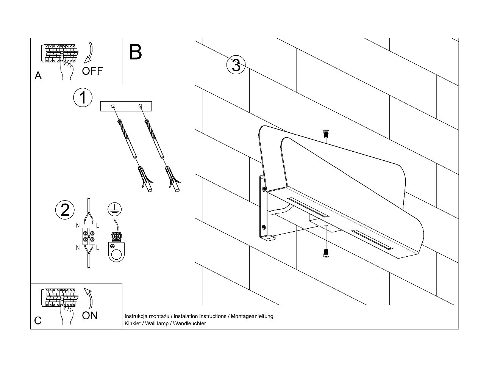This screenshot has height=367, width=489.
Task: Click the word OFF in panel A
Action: coord(92,71)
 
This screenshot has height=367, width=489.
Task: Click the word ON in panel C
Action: coord(90,315)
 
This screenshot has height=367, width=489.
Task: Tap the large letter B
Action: coord(135,52)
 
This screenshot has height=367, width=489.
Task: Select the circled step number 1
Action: coord(83,97)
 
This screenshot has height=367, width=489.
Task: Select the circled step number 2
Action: coord(65,210)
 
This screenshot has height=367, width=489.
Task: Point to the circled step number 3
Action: coord(236,65)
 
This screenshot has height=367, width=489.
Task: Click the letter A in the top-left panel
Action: coord(38,76)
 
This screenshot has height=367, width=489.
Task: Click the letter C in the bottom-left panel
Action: coord(38,321)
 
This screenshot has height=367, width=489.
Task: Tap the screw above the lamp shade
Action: coord(326,133)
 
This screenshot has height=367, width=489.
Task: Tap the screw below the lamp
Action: coord(326,254)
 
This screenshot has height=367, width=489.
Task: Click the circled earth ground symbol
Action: coord(112,207)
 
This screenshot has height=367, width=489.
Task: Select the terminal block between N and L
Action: coord(88,236)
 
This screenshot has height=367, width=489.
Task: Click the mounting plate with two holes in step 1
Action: coord(126,106)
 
